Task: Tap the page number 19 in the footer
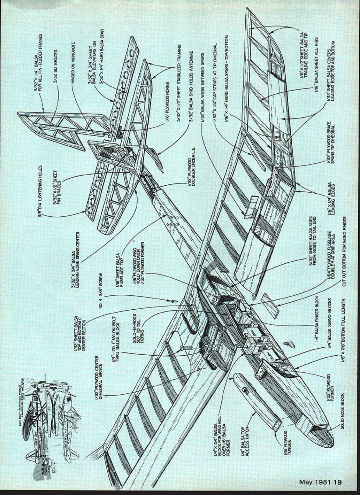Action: coord(337,482)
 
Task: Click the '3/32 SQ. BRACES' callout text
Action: coord(56,66)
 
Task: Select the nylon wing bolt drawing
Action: coord(184,348)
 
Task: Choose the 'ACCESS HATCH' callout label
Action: coord(245,438)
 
